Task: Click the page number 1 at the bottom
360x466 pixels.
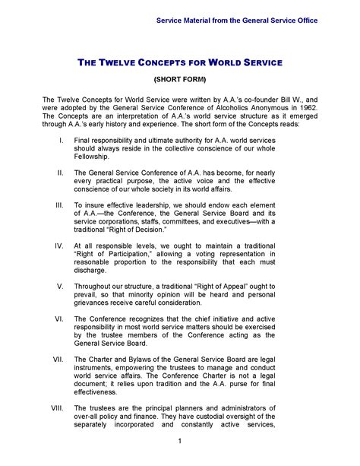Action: (179, 442)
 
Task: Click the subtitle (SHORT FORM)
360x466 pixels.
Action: (180, 78)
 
